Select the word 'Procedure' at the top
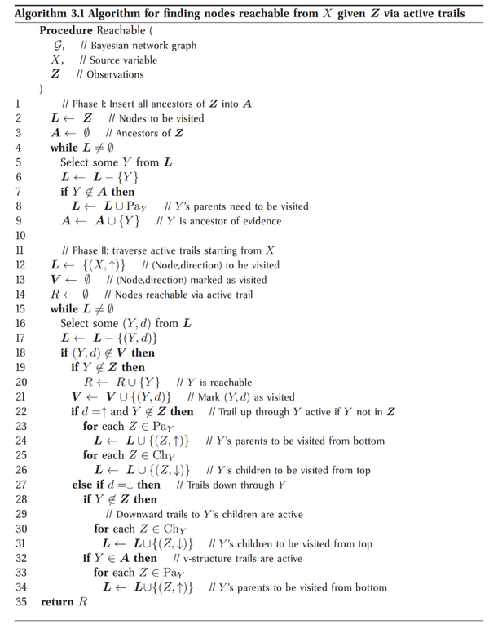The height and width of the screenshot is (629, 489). point(65,30)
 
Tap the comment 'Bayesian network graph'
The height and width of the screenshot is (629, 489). point(142,46)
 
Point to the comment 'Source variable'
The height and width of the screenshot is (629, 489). point(122,60)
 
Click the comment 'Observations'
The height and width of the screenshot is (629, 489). point(113,74)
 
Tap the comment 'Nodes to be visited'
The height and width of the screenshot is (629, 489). point(160,118)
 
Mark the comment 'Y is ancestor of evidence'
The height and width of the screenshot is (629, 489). point(225,221)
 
